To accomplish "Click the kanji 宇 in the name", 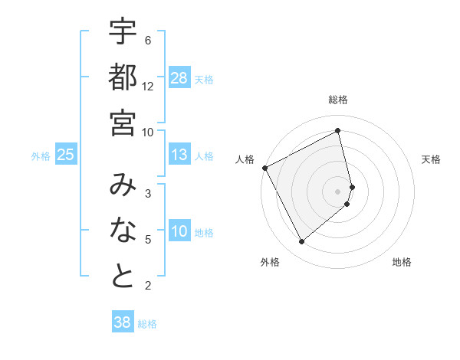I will (123, 31).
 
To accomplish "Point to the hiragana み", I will (123, 185).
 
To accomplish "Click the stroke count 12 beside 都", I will (148, 86).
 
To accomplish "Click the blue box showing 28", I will (179, 78).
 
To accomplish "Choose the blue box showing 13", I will (179, 155).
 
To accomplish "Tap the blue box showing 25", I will (65, 155).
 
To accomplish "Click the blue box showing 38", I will (122, 323).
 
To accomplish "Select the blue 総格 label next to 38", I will (147, 324).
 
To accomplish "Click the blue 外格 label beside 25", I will (41, 156).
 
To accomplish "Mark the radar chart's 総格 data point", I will (338, 130).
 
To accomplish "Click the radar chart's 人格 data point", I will (264, 168).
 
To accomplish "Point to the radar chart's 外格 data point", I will (301, 242).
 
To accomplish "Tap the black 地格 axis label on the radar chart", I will (402, 263).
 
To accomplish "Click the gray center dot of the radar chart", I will (338, 191).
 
